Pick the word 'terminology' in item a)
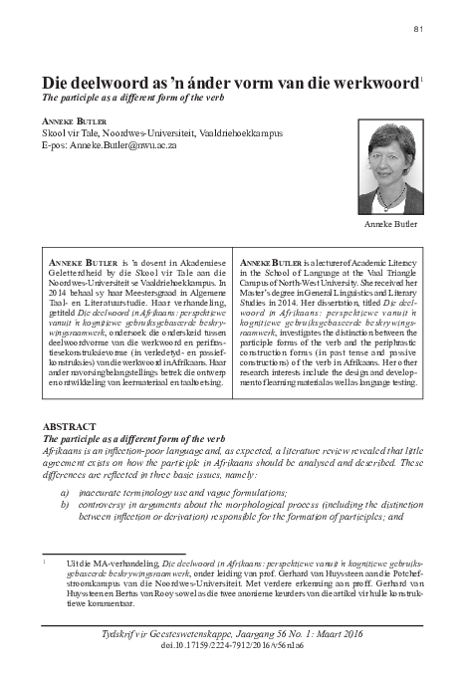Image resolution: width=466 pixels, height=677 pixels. (x=163, y=491)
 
